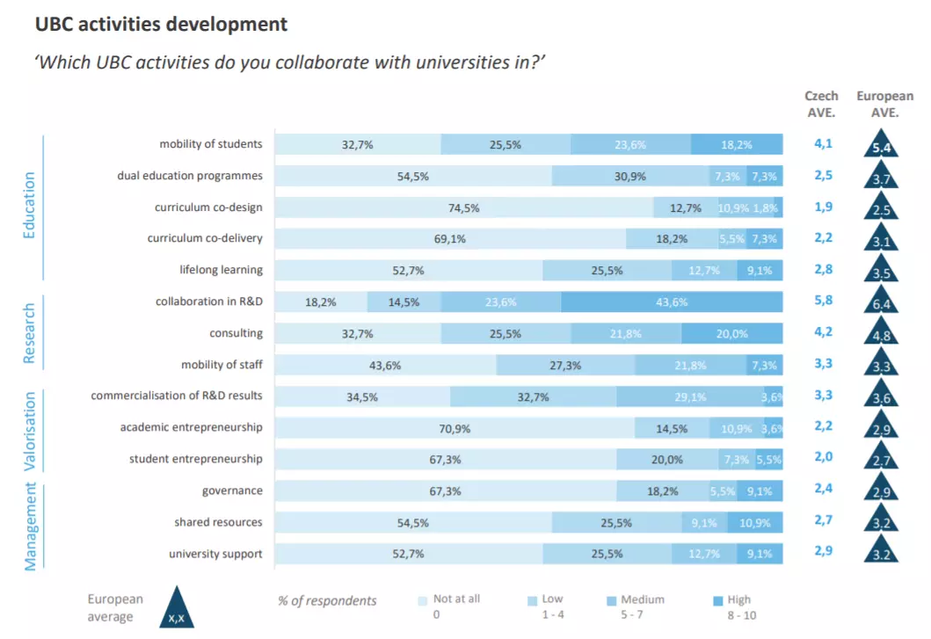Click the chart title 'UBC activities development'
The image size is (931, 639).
[161, 25]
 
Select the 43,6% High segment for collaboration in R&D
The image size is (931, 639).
[672, 302]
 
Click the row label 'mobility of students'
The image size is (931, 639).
[211, 144]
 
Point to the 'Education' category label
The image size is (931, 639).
[30, 206]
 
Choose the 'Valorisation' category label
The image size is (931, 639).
[30, 432]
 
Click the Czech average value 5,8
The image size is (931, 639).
[824, 301]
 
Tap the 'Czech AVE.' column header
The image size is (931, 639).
[822, 103]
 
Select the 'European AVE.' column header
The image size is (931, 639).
[884, 103]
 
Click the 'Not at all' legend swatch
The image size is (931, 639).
[423, 601]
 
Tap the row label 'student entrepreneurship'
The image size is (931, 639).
[196, 459]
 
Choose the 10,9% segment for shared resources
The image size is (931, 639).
[754, 523]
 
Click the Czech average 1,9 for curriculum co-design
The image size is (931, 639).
[824, 207]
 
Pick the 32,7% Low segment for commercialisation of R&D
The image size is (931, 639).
[533, 397]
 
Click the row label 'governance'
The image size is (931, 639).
[232, 490]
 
